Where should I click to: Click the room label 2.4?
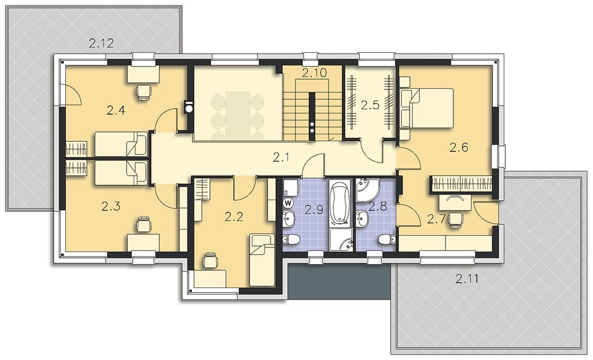116,110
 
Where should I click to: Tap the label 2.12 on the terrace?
101,43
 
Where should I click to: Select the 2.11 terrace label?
467,280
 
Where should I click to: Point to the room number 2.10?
314,73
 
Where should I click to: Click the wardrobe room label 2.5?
370,105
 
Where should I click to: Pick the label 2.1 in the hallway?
281,157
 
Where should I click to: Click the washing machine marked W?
288,203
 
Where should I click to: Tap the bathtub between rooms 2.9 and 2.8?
340,202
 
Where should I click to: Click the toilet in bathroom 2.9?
291,239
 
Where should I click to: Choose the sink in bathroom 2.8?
363,219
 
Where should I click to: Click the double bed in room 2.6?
427,108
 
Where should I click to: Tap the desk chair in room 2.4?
143,92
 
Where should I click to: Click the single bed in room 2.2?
261,260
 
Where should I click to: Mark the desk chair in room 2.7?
456,219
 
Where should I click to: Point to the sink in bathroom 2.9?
290,219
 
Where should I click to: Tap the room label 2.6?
459,148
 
